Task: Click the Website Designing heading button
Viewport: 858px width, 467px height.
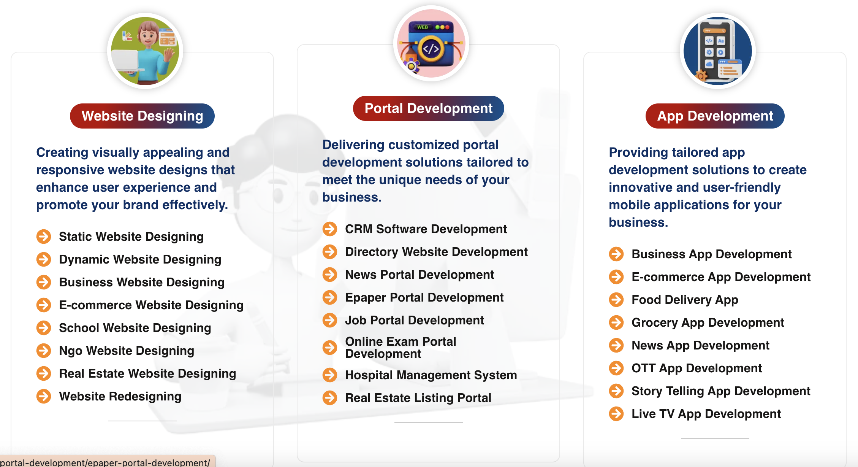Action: (142, 116)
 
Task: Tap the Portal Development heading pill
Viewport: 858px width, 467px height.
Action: (429, 108)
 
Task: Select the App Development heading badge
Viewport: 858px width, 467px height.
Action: (715, 116)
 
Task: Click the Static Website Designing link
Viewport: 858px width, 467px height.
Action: (131, 237)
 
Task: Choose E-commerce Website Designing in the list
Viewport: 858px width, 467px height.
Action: (151, 305)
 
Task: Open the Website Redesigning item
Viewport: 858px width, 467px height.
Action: (120, 396)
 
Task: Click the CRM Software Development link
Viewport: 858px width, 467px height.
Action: (426, 229)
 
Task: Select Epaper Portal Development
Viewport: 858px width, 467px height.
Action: (424, 297)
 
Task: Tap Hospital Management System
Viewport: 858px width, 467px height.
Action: (431, 375)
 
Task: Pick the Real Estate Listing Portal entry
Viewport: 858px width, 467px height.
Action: (418, 398)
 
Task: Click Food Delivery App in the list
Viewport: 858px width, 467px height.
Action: (685, 300)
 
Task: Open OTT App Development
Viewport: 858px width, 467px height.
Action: (697, 368)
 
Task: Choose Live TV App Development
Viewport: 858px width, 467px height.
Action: (706, 414)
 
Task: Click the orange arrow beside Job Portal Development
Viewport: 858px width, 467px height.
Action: (330, 320)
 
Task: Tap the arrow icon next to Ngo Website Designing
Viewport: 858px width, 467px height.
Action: (44, 351)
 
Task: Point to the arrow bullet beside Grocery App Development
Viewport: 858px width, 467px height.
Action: (616, 322)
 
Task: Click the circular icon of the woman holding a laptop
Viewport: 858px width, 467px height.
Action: (145, 51)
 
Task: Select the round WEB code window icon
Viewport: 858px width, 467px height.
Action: (431, 43)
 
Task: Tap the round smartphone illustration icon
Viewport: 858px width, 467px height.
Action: (717, 51)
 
